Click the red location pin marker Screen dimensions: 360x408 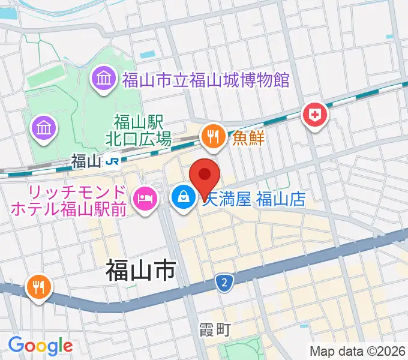[x=205, y=178]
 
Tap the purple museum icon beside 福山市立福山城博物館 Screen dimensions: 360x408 [x=103, y=79]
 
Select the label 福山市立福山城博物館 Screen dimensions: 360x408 [x=206, y=79]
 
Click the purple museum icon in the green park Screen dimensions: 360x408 [x=44, y=127]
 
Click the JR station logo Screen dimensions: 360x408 [x=112, y=161]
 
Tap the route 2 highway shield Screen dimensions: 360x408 [x=224, y=281]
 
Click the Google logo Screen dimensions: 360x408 [x=40, y=346]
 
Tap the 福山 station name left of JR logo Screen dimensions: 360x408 [x=85, y=161]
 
